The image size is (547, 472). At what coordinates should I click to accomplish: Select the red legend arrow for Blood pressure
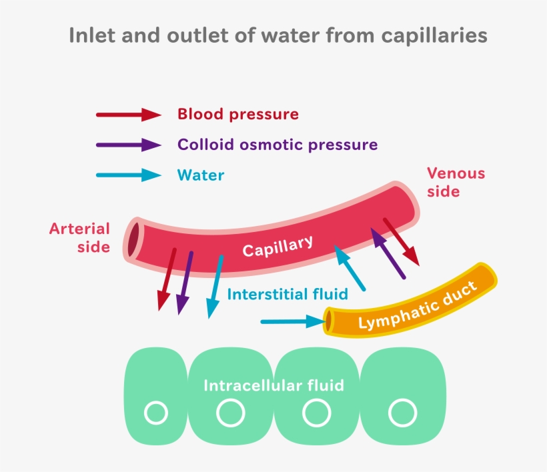click(129, 115)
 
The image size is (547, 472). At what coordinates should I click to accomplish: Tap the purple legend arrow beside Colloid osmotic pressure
click(129, 145)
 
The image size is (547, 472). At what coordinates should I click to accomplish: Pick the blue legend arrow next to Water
click(129, 176)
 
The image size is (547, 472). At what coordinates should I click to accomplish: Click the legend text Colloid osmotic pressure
click(277, 145)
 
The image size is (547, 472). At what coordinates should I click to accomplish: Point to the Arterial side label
click(79, 237)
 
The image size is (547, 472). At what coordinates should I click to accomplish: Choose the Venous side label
click(456, 182)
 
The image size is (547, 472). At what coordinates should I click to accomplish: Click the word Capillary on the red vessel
click(277, 247)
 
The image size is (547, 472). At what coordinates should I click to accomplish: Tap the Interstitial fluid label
click(288, 294)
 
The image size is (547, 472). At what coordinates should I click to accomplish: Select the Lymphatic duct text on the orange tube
click(418, 307)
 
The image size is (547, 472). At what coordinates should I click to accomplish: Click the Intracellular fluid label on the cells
click(273, 385)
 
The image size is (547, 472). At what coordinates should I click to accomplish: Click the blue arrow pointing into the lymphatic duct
click(292, 322)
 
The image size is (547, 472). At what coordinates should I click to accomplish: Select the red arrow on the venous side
click(402, 241)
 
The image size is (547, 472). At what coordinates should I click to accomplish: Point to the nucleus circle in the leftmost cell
click(156, 413)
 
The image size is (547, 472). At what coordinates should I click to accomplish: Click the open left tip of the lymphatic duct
click(329, 322)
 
